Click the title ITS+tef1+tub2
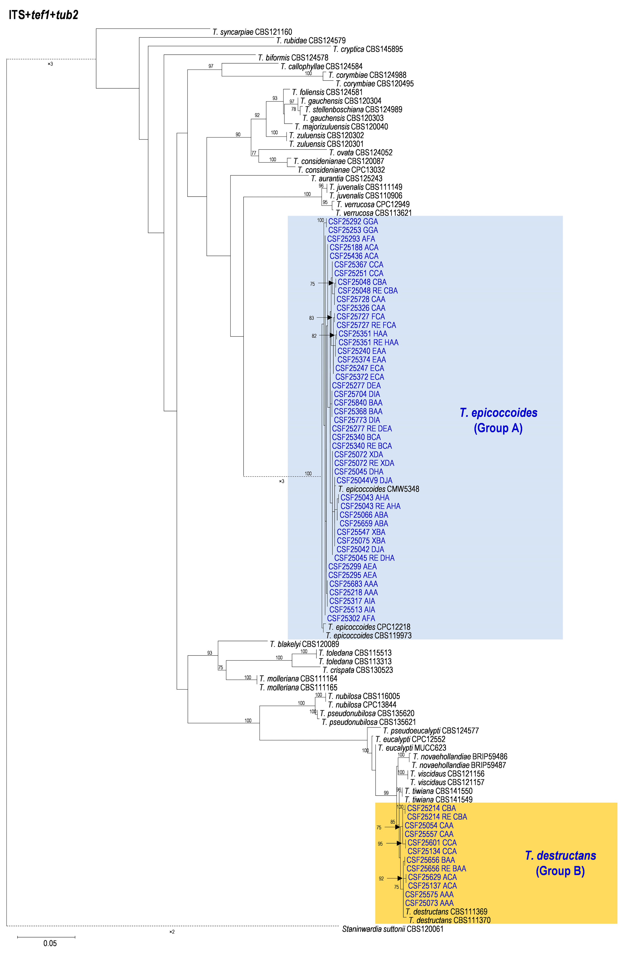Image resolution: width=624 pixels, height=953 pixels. (x=43, y=15)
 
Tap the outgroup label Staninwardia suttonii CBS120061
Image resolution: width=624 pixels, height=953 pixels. (x=393, y=929)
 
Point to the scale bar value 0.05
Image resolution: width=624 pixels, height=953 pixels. (x=50, y=944)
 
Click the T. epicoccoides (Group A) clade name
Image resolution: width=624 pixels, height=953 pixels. (x=498, y=420)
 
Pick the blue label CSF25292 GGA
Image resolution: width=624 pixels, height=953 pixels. (x=353, y=221)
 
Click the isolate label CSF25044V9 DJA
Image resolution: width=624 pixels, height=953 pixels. (x=364, y=481)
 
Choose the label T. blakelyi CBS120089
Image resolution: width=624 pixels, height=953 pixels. (x=304, y=644)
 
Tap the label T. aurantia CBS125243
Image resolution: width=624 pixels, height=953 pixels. (x=347, y=179)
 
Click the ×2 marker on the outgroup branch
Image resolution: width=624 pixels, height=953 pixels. (x=172, y=932)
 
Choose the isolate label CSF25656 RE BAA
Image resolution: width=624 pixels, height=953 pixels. (x=436, y=868)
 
